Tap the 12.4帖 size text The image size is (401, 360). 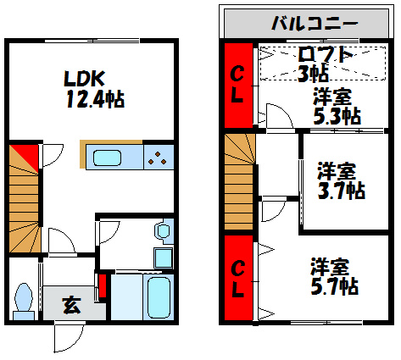tap(96, 99)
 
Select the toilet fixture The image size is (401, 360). tap(25, 299)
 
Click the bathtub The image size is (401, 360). tap(159, 296)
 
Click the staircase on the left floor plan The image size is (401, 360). tap(25, 203)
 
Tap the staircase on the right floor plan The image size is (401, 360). tap(239, 180)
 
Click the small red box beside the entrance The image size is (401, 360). tap(103, 286)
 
